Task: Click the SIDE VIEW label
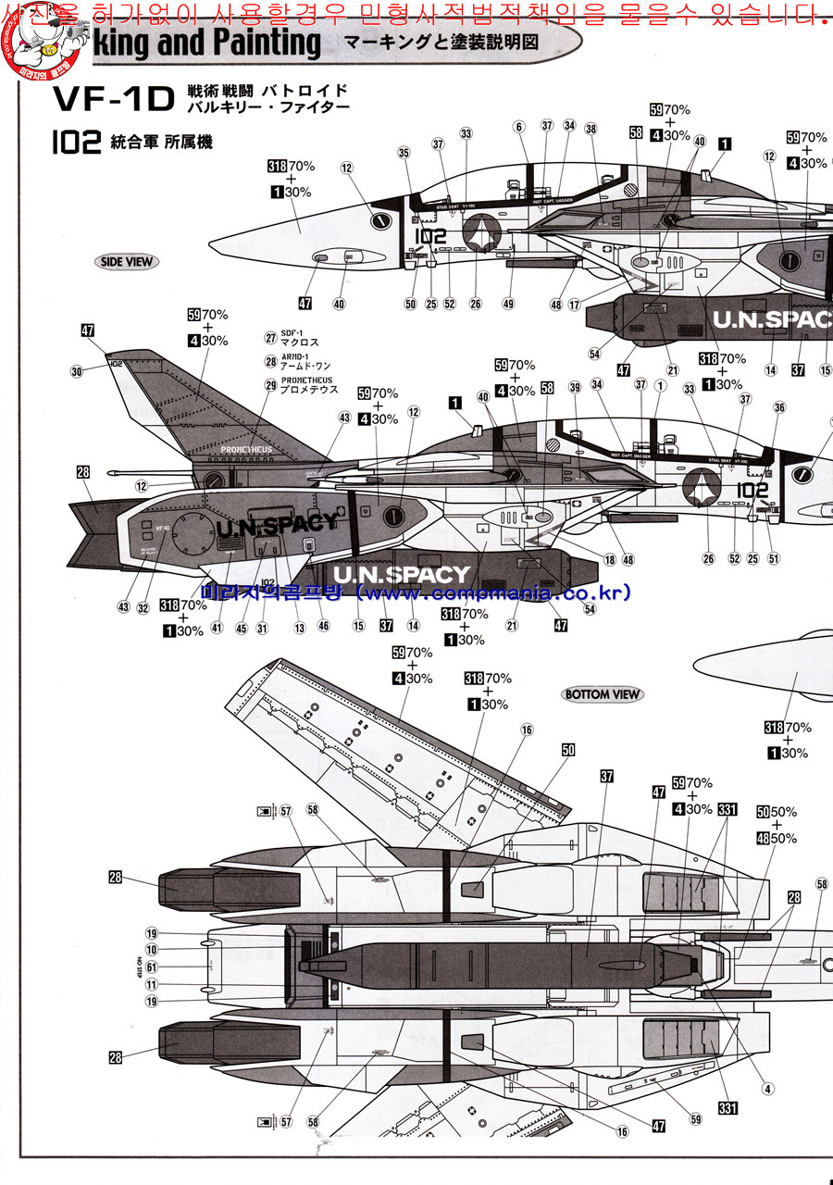click(x=126, y=262)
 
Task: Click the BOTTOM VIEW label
click(x=602, y=694)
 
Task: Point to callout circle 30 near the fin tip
click(x=76, y=372)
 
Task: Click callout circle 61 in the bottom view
click(x=152, y=967)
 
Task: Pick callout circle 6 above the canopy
click(x=518, y=127)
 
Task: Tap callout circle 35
click(x=404, y=153)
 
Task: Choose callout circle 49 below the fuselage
click(x=508, y=304)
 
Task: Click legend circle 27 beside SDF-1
click(x=271, y=338)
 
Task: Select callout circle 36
click(x=779, y=406)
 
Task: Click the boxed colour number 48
click(x=763, y=839)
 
